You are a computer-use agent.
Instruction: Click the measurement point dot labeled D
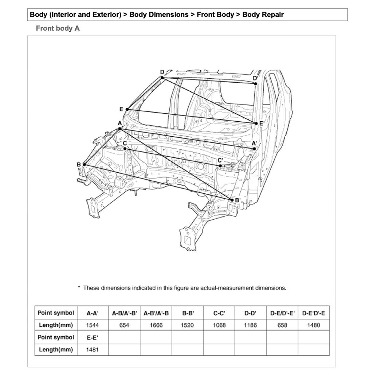[x=162, y=78]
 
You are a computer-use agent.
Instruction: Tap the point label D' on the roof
[x=255, y=78]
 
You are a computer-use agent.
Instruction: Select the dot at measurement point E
[x=127, y=109]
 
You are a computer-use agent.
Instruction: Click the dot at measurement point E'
[x=256, y=123]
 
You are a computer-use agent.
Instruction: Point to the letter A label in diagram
[x=119, y=123]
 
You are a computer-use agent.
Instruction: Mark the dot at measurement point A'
[x=255, y=149]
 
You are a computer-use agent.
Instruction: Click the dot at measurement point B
[x=85, y=165]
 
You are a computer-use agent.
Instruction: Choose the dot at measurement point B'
[x=232, y=200]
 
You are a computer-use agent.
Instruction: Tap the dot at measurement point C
[x=125, y=149]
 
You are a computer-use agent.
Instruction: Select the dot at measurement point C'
[x=221, y=166]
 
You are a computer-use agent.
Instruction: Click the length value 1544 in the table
[x=93, y=325]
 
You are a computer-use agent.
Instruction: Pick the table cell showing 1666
[x=156, y=325]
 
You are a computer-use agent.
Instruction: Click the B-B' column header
[x=188, y=313]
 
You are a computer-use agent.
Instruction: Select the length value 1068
[x=219, y=325]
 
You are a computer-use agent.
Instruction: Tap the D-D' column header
[x=251, y=313]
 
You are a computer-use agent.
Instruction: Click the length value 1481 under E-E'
[x=93, y=350]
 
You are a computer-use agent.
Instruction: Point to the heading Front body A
[x=58, y=28]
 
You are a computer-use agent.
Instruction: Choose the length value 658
[x=282, y=325]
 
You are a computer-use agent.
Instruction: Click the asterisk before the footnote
[x=79, y=288]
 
